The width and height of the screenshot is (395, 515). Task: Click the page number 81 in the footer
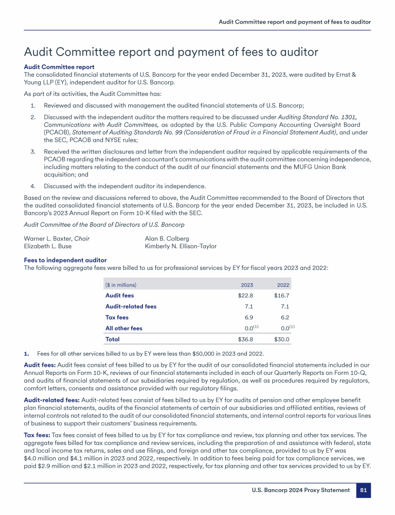pyautogui.click(x=364, y=490)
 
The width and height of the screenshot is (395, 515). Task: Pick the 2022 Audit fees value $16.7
pyautogui.click(x=281, y=296)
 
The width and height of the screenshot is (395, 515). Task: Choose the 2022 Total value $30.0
pyautogui.click(x=281, y=339)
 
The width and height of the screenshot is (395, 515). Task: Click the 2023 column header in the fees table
pyautogui.click(x=247, y=285)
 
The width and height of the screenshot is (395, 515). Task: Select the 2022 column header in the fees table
pyautogui.click(x=283, y=285)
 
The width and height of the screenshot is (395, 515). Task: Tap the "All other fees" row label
pyautogui.click(x=124, y=328)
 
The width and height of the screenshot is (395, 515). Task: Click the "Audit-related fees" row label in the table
pyautogui.click(x=131, y=306)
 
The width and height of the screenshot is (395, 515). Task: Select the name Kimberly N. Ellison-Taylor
pyautogui.click(x=181, y=246)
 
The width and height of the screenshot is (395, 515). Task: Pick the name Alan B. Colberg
pyautogui.click(x=168, y=238)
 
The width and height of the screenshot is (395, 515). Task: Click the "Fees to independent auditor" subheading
pyautogui.click(x=65, y=260)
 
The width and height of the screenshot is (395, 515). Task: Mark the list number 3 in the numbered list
pyautogui.click(x=32, y=151)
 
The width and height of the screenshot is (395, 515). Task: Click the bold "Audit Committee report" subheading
pyautogui.click(x=59, y=67)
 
